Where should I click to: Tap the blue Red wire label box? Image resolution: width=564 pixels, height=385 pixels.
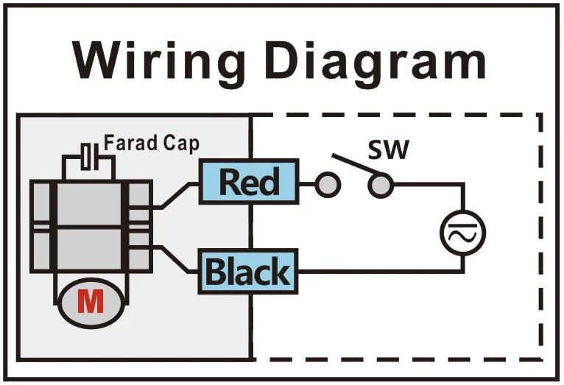pyautogui.click(x=249, y=183)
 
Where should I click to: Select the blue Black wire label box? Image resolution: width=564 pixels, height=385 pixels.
pyautogui.click(x=248, y=271)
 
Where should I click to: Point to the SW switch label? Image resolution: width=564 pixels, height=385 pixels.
pyautogui.click(x=388, y=152)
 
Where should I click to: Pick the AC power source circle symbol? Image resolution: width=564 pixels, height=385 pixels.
pyautogui.click(x=462, y=233)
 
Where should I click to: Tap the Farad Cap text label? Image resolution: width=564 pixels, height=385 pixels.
pyautogui.click(x=151, y=143)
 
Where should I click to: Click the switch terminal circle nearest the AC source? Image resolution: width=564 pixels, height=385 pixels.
pyautogui.click(x=380, y=186)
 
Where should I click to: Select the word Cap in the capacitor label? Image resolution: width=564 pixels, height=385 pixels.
pyautogui.click(x=181, y=143)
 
